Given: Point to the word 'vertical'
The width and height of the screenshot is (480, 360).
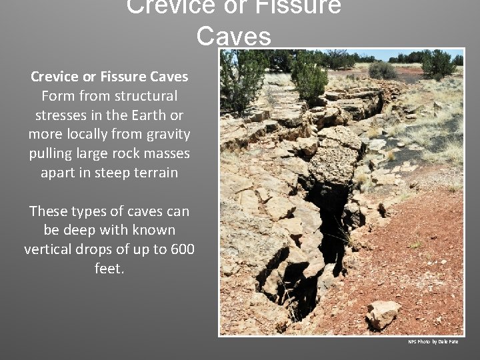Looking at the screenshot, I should click(x=49, y=249).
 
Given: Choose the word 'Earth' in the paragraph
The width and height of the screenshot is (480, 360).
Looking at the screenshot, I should click(x=147, y=115).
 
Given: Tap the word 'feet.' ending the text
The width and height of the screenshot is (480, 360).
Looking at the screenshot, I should click(x=109, y=269).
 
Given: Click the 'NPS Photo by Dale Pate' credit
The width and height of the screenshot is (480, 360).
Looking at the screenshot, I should click(x=433, y=342).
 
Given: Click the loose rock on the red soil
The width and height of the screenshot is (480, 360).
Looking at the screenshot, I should click(x=383, y=313).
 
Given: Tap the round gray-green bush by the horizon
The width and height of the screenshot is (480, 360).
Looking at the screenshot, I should click(x=382, y=70).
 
